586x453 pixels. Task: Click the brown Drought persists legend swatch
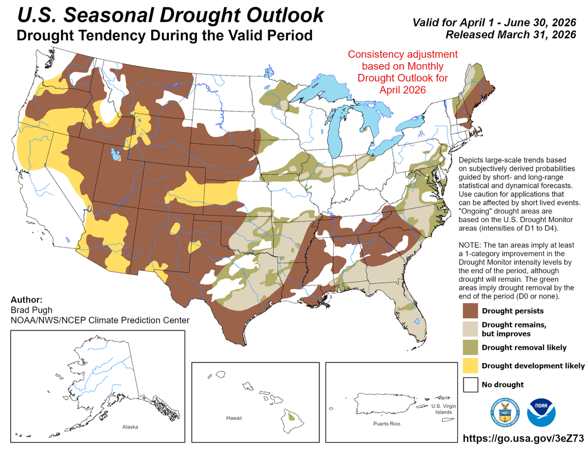pos(470,311)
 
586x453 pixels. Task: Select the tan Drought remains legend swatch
pos(470,329)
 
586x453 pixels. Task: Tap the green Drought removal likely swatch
pos(470,347)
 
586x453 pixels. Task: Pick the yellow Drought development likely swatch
pos(470,365)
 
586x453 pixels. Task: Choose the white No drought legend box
pos(470,384)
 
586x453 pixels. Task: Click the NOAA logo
pos(541,412)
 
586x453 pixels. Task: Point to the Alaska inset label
pos(130,427)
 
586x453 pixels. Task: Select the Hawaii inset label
pos(234,418)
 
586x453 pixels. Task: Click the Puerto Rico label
pos(386,424)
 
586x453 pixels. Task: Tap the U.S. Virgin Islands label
pos(443,408)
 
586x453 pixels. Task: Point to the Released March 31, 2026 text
pos(510,35)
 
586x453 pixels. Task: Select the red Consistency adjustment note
pos(403,72)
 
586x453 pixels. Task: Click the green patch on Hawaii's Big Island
pos(292,417)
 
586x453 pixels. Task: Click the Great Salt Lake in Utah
pos(116,155)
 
